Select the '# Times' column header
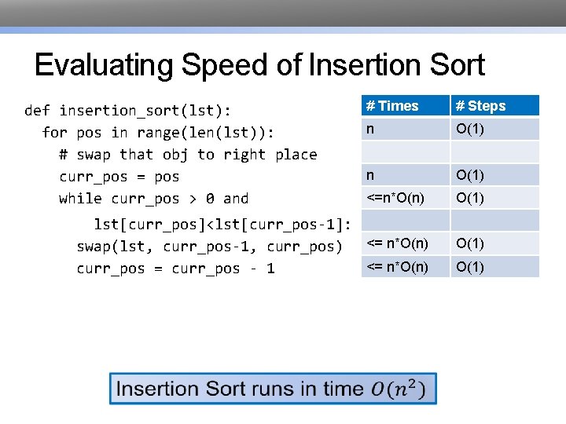point(392,106)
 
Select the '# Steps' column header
point(481,106)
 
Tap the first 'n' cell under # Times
point(366,128)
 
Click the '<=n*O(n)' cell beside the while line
point(395,197)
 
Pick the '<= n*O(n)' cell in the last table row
point(397,267)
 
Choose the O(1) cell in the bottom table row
point(470,267)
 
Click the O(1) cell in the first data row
point(470,128)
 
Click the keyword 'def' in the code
point(37,110)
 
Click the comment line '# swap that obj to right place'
point(188,154)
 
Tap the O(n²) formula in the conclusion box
point(399,389)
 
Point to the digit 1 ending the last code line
point(270,269)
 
